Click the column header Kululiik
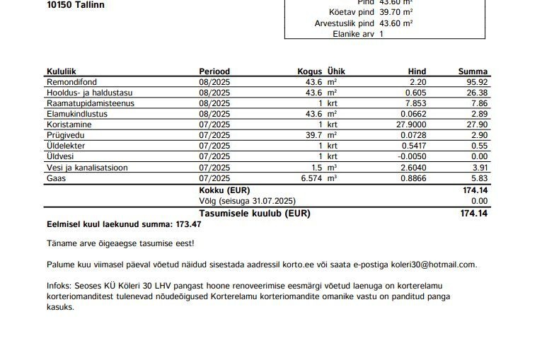[x=62, y=71]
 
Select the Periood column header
[x=214, y=71]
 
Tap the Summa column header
[x=473, y=71]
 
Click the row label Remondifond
[x=72, y=82]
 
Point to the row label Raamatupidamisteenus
[x=90, y=103]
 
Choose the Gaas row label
[x=57, y=178]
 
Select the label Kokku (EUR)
[x=224, y=190]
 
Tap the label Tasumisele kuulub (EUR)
[x=255, y=213]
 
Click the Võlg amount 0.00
[x=479, y=201]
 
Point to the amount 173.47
[x=187, y=224]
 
